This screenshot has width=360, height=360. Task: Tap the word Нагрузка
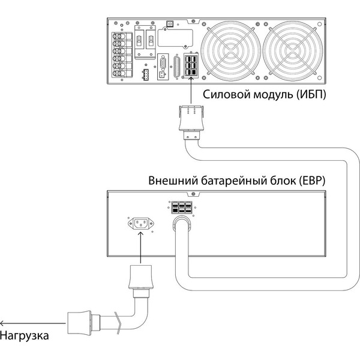point(25,335)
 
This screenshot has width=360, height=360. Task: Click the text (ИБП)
point(304,95)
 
